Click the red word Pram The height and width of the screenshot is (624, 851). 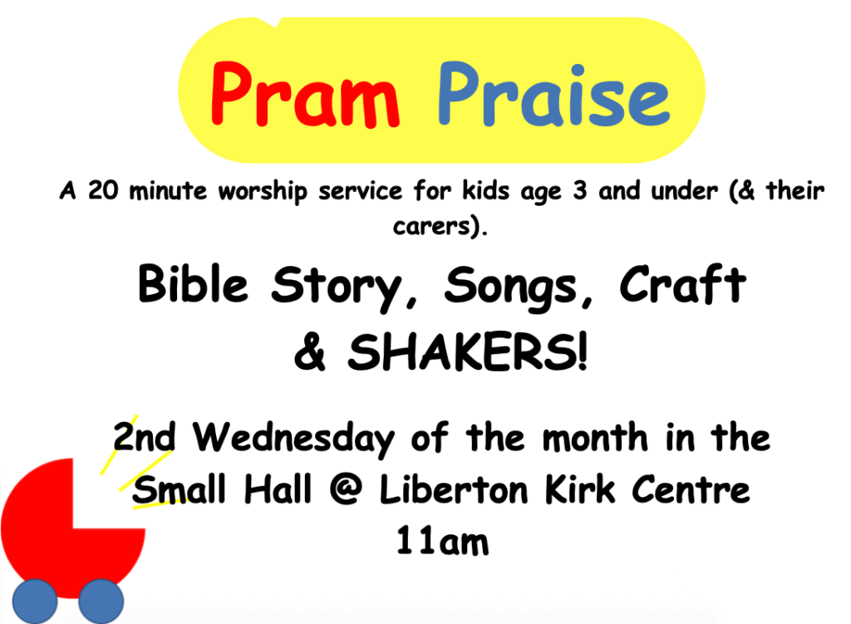tap(305, 95)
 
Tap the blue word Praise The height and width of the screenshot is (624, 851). tap(553, 95)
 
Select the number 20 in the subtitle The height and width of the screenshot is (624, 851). tap(103, 190)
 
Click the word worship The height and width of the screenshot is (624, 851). tap(263, 192)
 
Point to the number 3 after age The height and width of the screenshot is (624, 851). tap(580, 190)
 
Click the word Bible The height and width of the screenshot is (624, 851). tap(193, 284)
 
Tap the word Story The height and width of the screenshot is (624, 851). tap(337, 288)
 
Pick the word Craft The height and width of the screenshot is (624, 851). tap(683, 284)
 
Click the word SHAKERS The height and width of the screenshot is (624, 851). tap(467, 351)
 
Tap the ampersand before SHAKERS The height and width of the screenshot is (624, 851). tap(310, 351)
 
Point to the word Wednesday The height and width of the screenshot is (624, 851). tap(293, 439)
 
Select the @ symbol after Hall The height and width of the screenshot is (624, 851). tap(346, 489)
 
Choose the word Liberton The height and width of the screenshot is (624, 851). tap(454, 489)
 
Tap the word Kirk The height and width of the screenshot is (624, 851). tap(580, 489)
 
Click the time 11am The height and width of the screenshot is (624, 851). tap(442, 541)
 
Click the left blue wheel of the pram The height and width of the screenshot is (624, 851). tap(35, 602)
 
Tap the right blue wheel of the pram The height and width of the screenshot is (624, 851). tap(101, 602)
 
